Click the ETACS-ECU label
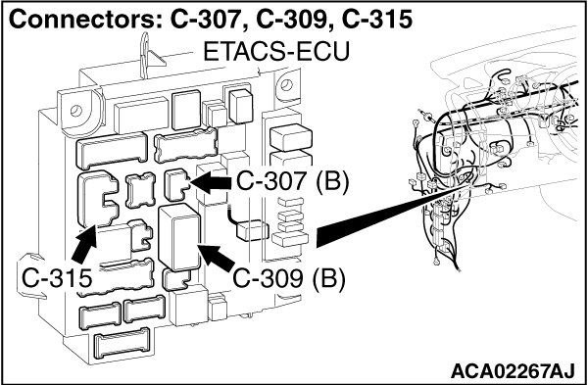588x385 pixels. tap(276, 51)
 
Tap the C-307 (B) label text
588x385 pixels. tap(292, 182)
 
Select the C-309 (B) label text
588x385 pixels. tap(289, 279)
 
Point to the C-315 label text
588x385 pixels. tap(57, 278)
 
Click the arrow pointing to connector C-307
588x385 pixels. tap(212, 183)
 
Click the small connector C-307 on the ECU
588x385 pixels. tap(177, 184)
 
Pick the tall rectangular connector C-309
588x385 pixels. tap(180, 237)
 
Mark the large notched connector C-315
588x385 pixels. tap(98, 199)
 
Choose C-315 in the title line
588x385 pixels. tap(376, 20)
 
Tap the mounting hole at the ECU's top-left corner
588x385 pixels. tap(75, 111)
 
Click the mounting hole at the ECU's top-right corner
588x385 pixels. tap(286, 84)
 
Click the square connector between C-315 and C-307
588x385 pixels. tap(140, 190)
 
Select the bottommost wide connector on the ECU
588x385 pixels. tap(122, 343)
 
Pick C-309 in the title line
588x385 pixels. tap(294, 20)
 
